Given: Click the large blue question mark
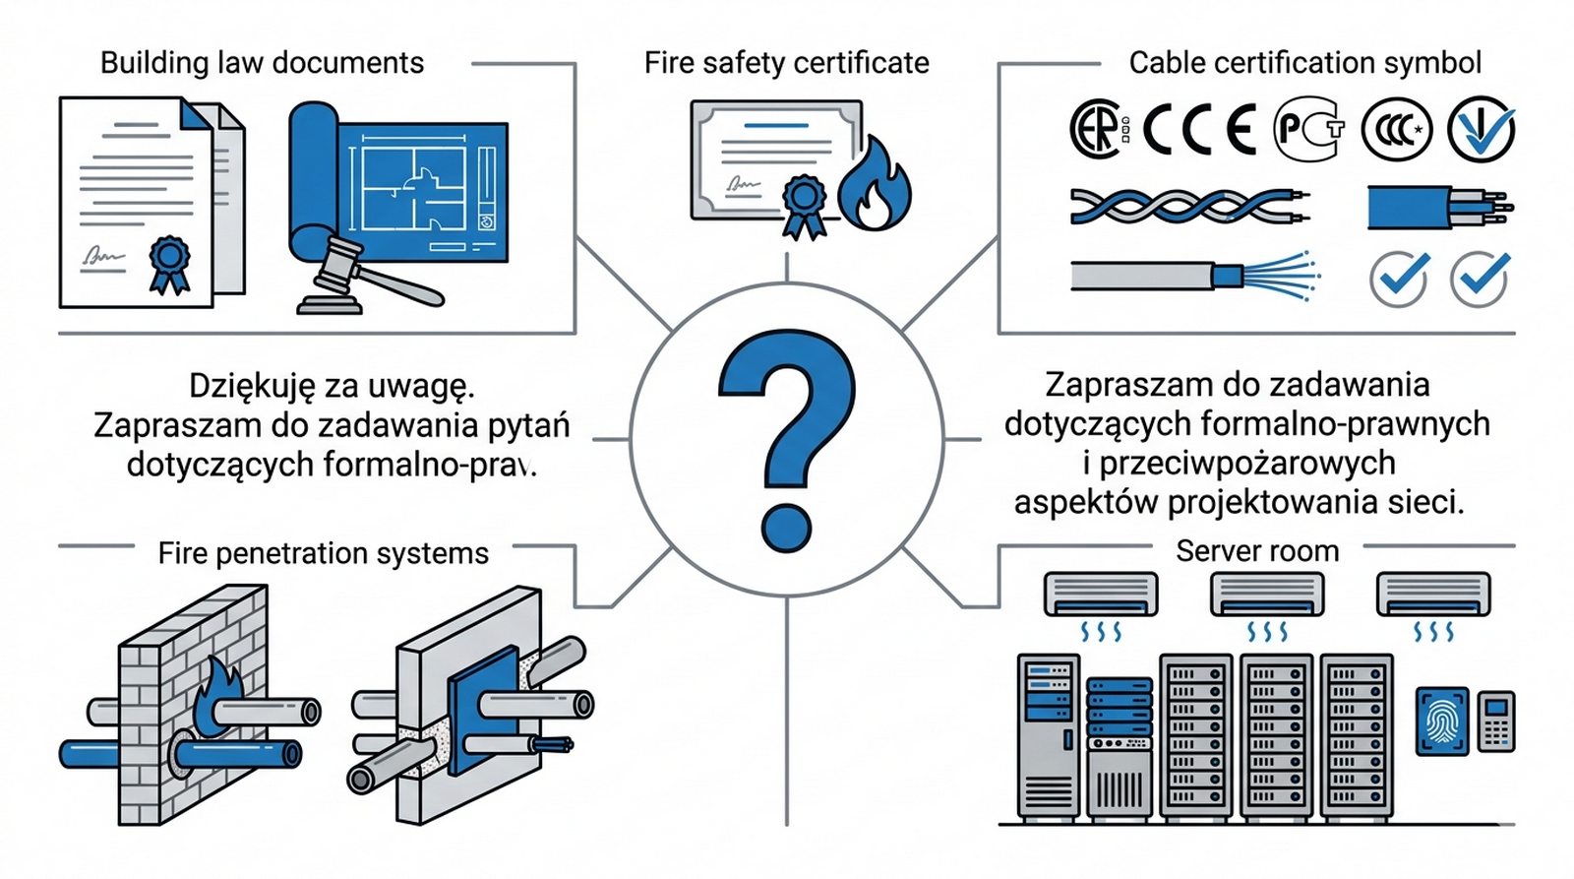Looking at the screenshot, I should coord(787,433).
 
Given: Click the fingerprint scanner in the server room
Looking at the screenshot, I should coord(1441,722).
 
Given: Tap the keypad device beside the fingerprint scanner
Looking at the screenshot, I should coord(1496,722).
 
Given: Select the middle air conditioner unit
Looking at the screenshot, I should coord(1266,595).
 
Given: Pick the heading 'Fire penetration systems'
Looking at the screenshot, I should coord(323,553).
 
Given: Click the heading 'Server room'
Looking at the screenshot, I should coord(1257,550).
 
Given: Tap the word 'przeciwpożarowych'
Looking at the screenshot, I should coord(1247,463).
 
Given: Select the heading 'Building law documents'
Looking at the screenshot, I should coord(262,63).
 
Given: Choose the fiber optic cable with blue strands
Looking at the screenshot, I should coord(1194,274).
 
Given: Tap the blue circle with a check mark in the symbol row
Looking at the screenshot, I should coord(1481,129).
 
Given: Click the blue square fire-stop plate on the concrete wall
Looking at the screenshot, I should coord(482,699).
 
